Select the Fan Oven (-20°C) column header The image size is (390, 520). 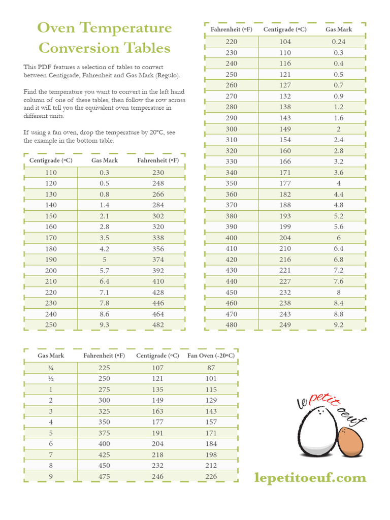coord(211,355)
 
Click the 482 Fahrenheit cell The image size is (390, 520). coord(158,325)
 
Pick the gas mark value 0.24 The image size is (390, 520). coord(338,42)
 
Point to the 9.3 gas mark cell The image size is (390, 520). coord(104,325)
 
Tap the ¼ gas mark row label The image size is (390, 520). coord(50,368)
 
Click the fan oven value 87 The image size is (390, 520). coord(211,368)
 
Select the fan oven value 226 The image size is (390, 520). coord(211,476)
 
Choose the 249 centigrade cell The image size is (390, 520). coord(285,325)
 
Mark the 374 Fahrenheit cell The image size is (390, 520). coord(158,259)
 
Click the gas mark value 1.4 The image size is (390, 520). coord(104,205)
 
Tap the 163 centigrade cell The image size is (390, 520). coord(157,411)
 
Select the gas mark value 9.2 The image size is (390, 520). coord(338,325)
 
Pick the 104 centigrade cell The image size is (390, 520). coord(285,42)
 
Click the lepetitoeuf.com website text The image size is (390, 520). coord(310,477)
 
